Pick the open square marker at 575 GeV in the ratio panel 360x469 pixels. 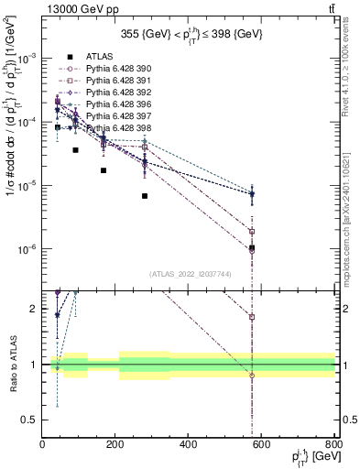point(252,317)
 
